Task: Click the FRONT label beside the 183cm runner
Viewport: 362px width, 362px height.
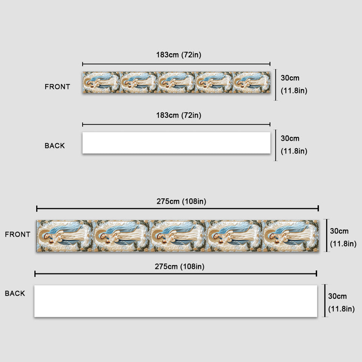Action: pos(57,87)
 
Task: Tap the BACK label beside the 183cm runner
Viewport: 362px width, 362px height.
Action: pos(55,146)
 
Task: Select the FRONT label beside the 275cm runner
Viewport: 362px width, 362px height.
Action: pos(18,234)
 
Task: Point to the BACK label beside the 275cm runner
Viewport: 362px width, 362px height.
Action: pos(15,293)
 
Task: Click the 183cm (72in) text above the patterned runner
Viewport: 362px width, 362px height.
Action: pos(179,55)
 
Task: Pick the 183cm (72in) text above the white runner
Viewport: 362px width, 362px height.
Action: pos(179,115)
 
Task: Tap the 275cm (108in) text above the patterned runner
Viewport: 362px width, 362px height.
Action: pos(181,201)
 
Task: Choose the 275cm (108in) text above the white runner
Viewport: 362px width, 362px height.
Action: pos(179,267)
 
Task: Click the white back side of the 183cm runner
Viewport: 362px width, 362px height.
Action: pos(176,143)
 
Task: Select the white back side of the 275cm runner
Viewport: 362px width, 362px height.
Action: pos(176,301)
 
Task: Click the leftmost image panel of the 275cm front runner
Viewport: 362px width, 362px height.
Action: pos(64,236)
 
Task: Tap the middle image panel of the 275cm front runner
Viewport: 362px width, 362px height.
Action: pos(178,236)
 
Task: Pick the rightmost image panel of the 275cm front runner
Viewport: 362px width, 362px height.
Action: pos(291,236)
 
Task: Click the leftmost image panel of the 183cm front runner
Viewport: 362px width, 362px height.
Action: pos(101,83)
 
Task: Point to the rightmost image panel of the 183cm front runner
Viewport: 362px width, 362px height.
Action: pos(252,83)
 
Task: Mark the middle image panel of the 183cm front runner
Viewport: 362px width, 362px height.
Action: pos(176,83)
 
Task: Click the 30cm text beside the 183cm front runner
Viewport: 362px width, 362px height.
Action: pos(290,78)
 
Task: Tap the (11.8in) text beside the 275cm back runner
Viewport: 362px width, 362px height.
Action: pos(341,309)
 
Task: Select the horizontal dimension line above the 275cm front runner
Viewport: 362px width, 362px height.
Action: pos(178,209)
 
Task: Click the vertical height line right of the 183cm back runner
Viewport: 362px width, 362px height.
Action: pos(276,145)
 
